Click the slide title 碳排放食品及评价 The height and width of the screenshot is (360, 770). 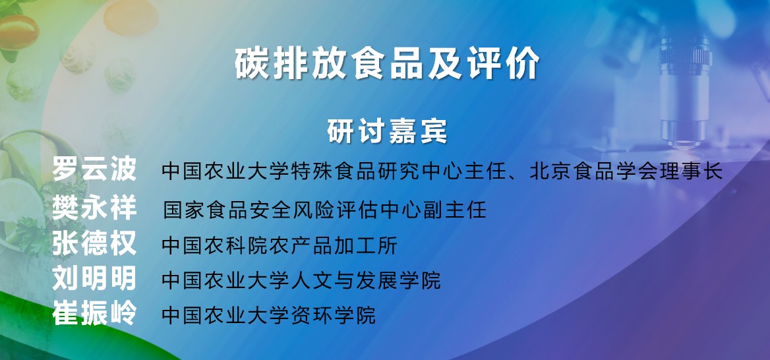coord(387,64)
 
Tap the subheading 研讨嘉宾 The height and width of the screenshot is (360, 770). coord(387,131)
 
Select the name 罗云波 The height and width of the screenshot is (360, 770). coord(94,170)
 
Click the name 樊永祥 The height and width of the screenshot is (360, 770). coord(94,208)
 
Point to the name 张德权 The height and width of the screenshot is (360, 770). coord(94,244)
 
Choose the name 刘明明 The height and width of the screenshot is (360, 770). coord(94,279)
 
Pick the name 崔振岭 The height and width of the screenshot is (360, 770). coord(94,313)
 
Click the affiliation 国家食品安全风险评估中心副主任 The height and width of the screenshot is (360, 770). coord(324,210)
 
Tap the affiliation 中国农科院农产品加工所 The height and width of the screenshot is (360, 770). coord(279,245)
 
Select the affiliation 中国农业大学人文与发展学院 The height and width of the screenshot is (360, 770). coord(301,280)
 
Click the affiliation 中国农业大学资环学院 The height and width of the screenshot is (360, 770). coord(268,315)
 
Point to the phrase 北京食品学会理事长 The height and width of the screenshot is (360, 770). coord(626,171)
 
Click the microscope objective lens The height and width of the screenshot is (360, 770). coord(684,88)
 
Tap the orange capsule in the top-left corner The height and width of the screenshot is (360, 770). coord(18,32)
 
